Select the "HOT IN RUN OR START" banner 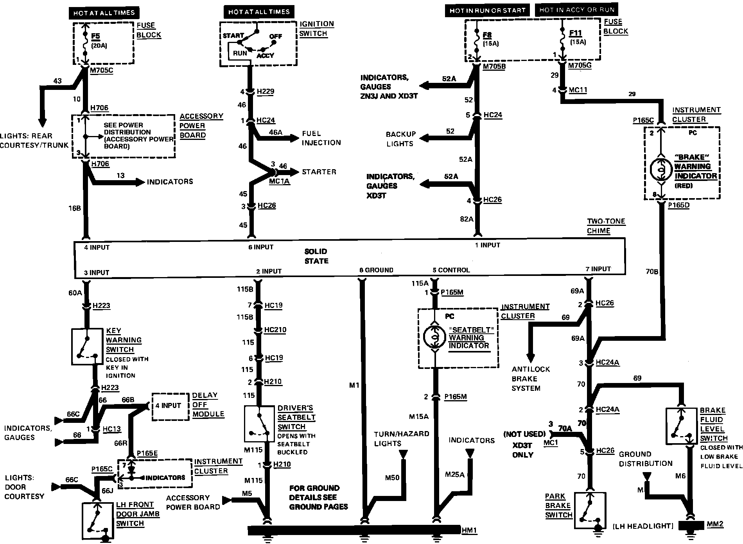click(x=487, y=11)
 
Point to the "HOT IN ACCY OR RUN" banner click(x=576, y=10)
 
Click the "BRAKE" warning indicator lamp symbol click(x=660, y=169)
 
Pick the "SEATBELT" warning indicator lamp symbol click(x=434, y=336)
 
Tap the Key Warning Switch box click(x=87, y=347)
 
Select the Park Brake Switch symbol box click(x=590, y=511)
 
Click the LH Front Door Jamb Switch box click(x=98, y=521)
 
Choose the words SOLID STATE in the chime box click(x=316, y=256)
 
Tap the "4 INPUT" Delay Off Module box click(x=169, y=406)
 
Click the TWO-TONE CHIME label click(x=606, y=226)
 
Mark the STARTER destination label click(x=319, y=172)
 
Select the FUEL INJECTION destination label click(x=321, y=138)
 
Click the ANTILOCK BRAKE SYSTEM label click(x=531, y=378)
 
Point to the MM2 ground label click(x=715, y=524)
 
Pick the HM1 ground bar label click(x=469, y=530)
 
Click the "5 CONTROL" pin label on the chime click(x=451, y=270)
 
